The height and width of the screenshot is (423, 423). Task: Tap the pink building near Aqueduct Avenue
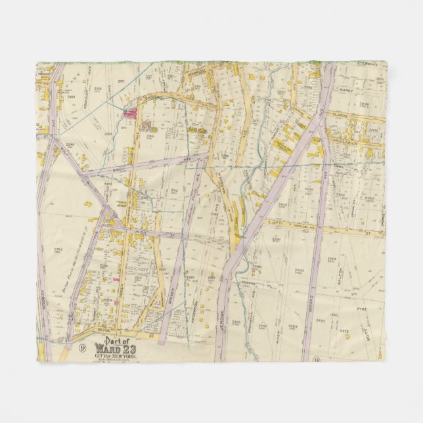(129, 113)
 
